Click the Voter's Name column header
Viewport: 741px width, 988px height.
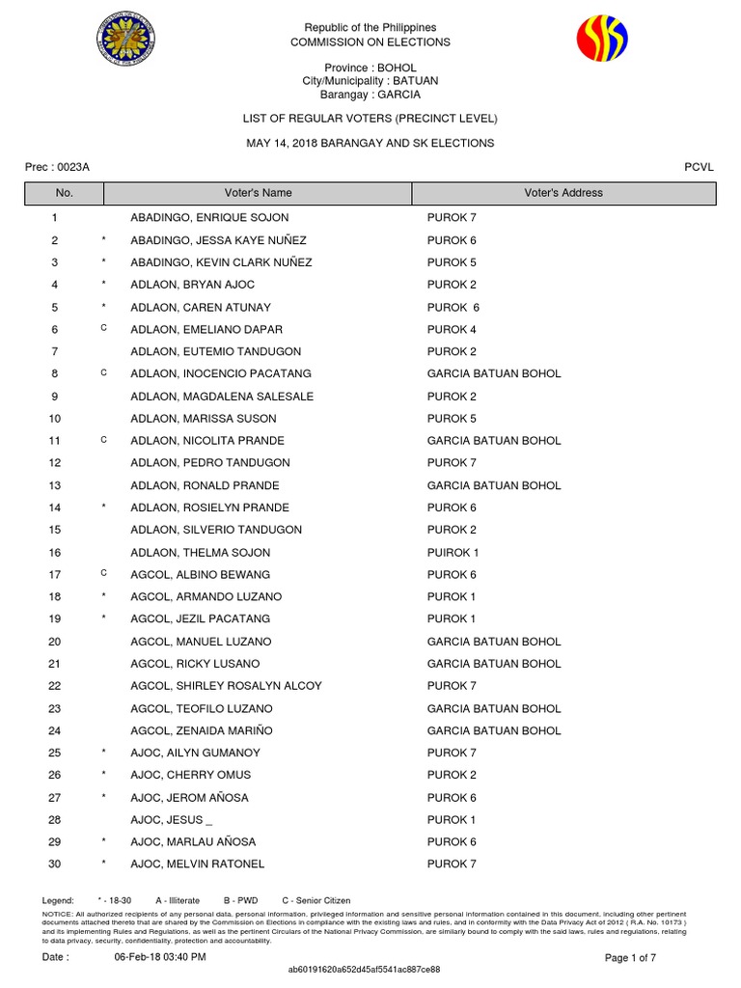click(x=258, y=193)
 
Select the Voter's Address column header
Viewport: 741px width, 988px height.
click(x=563, y=193)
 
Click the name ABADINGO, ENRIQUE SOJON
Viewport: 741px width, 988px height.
click(x=209, y=218)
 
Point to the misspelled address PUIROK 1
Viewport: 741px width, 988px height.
click(x=453, y=553)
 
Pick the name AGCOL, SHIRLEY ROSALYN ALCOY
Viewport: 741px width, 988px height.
click(x=226, y=686)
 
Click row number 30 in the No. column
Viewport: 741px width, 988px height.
click(x=55, y=864)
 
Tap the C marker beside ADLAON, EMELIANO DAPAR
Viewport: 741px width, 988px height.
click(x=103, y=329)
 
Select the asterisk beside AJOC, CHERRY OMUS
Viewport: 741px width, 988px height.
click(x=103, y=775)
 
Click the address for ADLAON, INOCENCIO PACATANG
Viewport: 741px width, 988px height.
click(x=493, y=373)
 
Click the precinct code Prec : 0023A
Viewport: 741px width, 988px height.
click(x=57, y=167)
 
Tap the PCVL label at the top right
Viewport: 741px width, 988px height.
click(x=699, y=167)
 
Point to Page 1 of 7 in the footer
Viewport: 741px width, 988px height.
click(x=630, y=957)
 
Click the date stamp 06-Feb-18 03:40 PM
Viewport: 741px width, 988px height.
click(x=160, y=957)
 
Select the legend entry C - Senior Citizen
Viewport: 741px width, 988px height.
click(x=316, y=900)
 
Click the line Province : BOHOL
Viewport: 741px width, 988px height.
click(x=370, y=69)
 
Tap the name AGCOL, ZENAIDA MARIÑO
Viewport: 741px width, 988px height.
click(x=196, y=730)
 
